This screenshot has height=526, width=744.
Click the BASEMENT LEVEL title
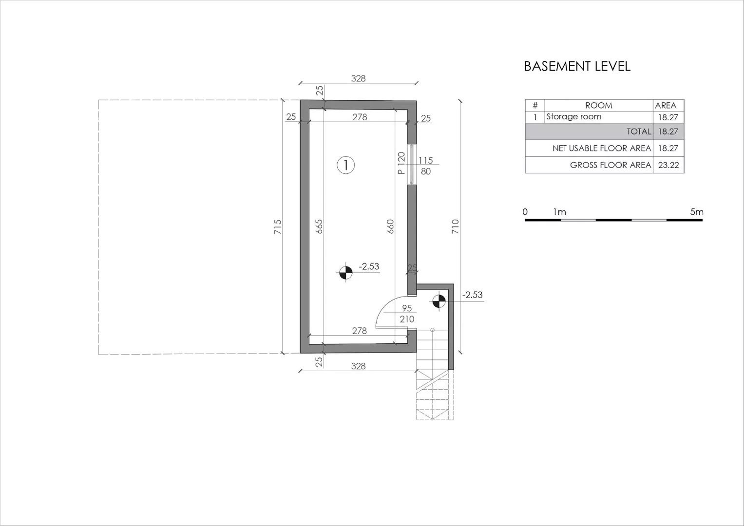[x=577, y=66]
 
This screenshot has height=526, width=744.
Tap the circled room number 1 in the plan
[x=346, y=165]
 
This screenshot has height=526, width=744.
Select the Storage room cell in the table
[x=573, y=116]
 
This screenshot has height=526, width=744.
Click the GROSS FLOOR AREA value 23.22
[x=668, y=165]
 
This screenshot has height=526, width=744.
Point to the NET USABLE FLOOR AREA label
[x=602, y=148]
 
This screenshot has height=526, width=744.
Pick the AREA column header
[x=666, y=105]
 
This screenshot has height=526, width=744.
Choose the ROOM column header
[x=598, y=105]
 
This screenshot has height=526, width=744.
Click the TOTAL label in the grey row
[x=639, y=131]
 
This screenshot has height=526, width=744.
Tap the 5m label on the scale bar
[x=697, y=211]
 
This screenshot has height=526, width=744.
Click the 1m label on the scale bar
[x=560, y=211]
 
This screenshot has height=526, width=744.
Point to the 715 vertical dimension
[x=278, y=226]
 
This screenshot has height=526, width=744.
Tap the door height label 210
[x=407, y=319]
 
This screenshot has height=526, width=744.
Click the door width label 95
[x=407, y=308]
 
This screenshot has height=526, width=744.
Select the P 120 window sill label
[x=401, y=163]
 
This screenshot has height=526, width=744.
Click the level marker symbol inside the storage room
[x=346, y=273]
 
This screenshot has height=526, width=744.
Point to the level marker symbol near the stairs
[x=439, y=301]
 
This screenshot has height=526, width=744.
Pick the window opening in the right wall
[x=412, y=165]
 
